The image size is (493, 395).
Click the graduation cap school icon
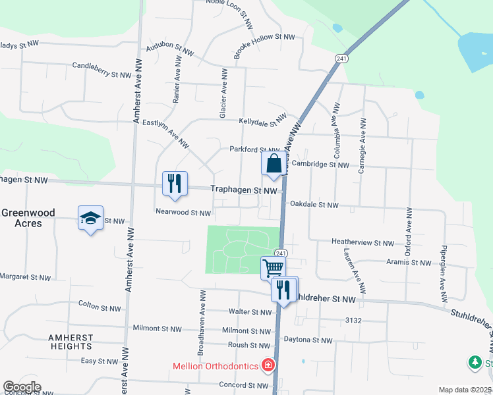point(90,218)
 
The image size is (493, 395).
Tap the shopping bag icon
point(274,163)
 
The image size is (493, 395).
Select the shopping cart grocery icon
point(273,267)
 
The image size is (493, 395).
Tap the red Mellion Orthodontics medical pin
point(268,364)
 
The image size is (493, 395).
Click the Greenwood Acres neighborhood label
point(30,218)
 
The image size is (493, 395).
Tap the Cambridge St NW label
point(320,165)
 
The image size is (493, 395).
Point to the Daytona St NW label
point(308,340)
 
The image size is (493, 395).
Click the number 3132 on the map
point(353,321)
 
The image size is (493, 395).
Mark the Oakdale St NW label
point(314,205)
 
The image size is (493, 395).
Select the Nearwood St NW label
point(183,213)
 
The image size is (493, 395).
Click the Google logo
point(22,387)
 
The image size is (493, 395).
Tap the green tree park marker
point(475,362)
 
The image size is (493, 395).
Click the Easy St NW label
point(99,361)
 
